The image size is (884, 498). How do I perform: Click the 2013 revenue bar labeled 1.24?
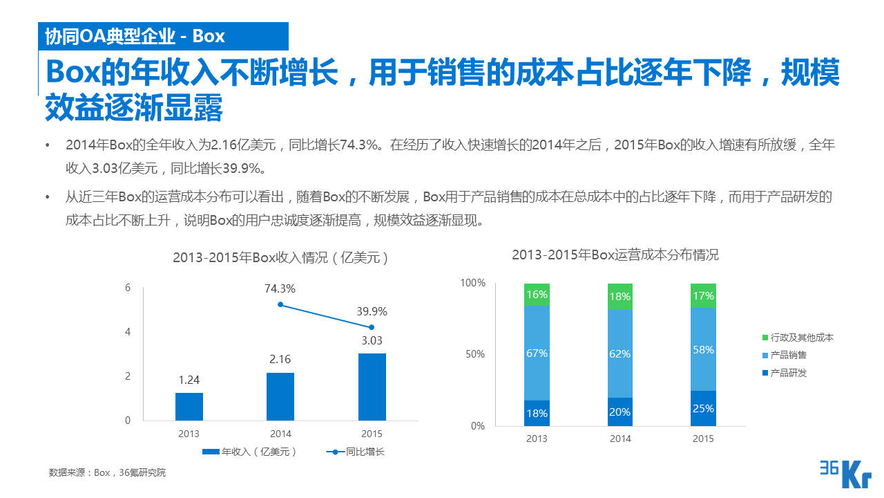[x=189, y=407]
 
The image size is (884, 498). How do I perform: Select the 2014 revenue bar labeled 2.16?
[x=280, y=396]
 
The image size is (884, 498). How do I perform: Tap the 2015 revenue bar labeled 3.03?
[x=372, y=387]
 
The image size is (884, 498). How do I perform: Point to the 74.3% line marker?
[x=280, y=304]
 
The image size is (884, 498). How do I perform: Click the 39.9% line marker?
[x=372, y=327]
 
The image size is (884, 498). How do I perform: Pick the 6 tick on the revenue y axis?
[x=128, y=288]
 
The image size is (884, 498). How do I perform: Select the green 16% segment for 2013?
[x=537, y=294]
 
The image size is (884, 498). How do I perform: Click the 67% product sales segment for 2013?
[x=537, y=353]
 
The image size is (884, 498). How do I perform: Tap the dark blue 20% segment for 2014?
[x=619, y=412]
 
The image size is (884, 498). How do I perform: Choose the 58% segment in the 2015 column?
[x=703, y=349]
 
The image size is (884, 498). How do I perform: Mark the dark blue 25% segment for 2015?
[x=703, y=408]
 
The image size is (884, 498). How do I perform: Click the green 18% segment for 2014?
[x=619, y=296]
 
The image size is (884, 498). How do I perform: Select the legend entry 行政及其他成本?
[x=797, y=338]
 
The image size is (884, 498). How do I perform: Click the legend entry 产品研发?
[x=784, y=373]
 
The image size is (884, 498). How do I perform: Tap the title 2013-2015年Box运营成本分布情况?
[x=615, y=255]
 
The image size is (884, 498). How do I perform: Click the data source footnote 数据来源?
[x=107, y=473]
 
